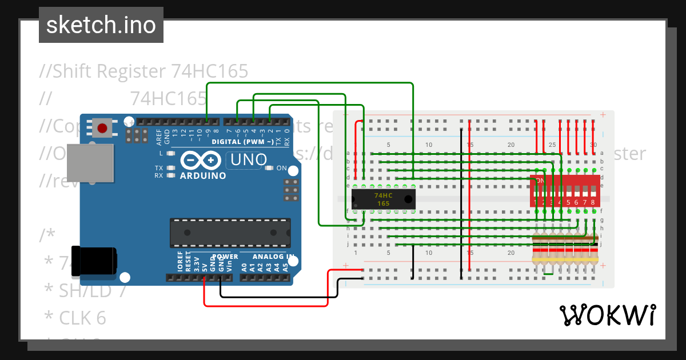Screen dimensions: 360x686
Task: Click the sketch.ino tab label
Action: [x=101, y=25]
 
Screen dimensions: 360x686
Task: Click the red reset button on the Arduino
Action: [x=103, y=126]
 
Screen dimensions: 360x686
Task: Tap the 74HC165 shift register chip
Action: [x=383, y=199]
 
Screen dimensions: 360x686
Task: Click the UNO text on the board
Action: [x=247, y=159]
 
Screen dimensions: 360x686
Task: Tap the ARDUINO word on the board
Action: [x=203, y=175]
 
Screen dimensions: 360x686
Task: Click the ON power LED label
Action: [x=281, y=168]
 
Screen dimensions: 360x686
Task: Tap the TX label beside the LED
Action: [x=159, y=167]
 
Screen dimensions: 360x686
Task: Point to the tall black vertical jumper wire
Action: [x=461, y=203]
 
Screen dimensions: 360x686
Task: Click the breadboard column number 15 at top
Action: [x=469, y=145]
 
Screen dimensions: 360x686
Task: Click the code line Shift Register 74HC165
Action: [x=144, y=71]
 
